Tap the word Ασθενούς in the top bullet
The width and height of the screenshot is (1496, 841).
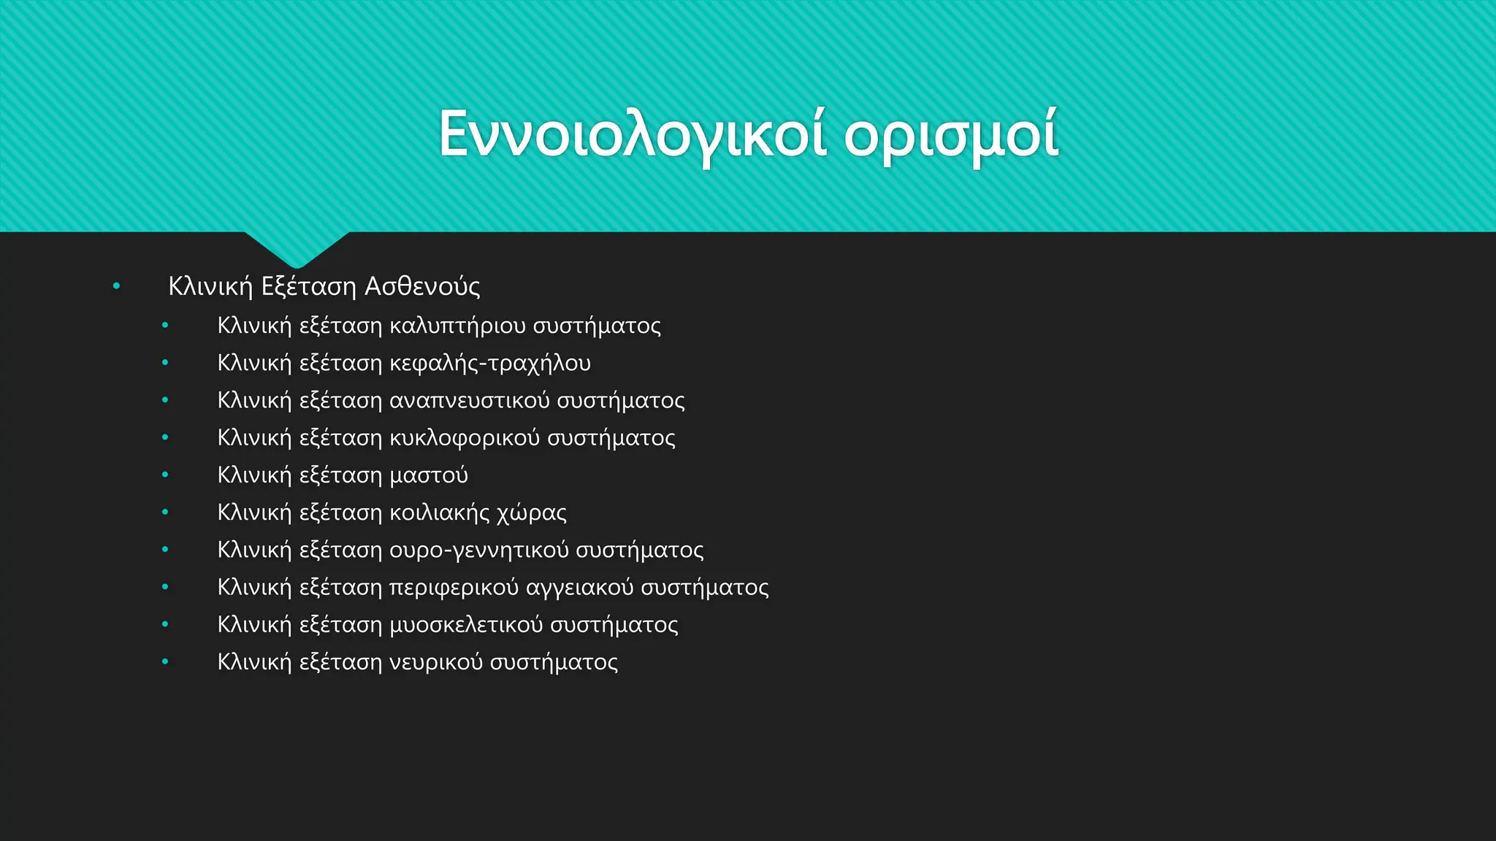422,286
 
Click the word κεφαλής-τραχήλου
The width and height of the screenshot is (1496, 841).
490,363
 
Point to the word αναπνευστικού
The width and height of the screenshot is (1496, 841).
469,401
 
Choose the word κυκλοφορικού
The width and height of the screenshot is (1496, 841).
464,438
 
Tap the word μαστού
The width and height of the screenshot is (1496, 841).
429,475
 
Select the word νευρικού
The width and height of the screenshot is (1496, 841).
435,662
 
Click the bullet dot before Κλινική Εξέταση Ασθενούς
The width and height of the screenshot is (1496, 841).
116,286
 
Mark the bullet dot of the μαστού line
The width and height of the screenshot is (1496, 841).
165,475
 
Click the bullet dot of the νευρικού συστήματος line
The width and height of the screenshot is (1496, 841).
165,662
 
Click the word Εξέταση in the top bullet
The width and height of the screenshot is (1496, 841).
308,286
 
